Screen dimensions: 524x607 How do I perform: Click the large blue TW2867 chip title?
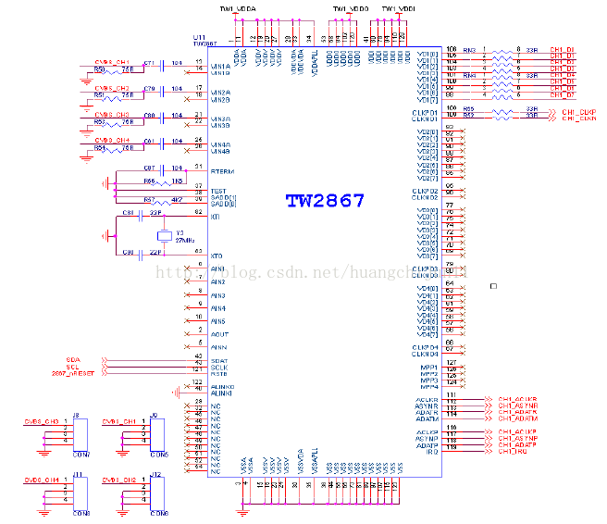[x=324, y=200]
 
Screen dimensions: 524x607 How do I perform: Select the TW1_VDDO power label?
[x=350, y=8]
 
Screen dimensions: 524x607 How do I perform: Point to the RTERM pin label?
[x=222, y=171]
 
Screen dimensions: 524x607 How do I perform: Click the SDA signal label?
[x=73, y=358]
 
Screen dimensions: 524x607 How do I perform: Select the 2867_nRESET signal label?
[x=79, y=373]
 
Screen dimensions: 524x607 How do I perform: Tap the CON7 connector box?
[x=79, y=436]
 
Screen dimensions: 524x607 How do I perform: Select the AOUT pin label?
[x=219, y=333]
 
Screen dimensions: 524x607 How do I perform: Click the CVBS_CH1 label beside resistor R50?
[x=113, y=61]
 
